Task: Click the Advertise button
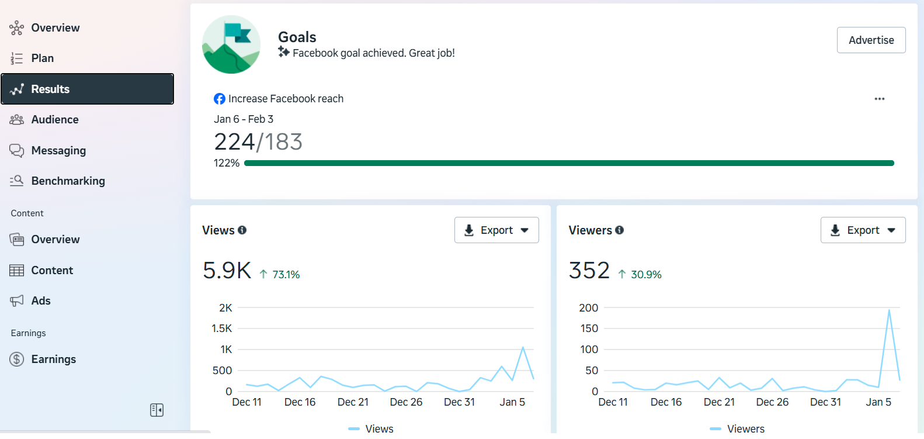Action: (x=871, y=40)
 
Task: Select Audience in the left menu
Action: (x=54, y=119)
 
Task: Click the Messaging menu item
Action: (x=58, y=150)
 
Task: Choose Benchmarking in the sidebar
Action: (x=68, y=181)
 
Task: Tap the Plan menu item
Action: (x=42, y=58)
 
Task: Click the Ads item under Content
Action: (x=40, y=300)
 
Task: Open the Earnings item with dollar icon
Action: (x=53, y=359)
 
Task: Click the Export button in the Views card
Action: (x=496, y=230)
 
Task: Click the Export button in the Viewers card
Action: (x=863, y=230)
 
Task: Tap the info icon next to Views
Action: (x=242, y=230)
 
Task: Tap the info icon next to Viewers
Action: (x=619, y=230)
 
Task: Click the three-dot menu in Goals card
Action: (x=879, y=99)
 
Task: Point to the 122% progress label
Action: (x=227, y=163)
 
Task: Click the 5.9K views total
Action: (x=227, y=271)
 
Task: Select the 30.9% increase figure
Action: (x=645, y=275)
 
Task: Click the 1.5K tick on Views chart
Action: (x=222, y=329)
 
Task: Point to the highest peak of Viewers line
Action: (x=889, y=310)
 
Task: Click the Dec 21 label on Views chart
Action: (x=353, y=402)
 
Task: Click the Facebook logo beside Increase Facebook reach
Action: (x=220, y=99)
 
